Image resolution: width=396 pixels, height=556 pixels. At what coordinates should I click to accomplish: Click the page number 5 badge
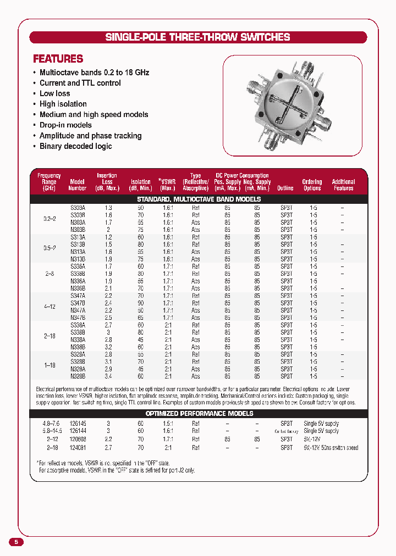coord(16,542)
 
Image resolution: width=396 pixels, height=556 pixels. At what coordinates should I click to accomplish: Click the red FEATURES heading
coord(58,59)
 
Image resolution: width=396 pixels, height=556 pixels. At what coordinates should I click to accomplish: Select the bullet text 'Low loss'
coord(54,93)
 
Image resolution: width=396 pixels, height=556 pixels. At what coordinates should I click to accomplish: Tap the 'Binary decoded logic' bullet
coord(75,146)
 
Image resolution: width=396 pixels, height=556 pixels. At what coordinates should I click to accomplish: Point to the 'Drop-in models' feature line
coord(65,125)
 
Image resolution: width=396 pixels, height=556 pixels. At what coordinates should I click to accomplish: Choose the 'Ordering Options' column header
coord(312,185)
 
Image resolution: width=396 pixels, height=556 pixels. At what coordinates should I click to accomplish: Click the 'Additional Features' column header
coord(343,185)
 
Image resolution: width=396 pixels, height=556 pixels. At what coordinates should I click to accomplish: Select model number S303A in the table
coord(78,208)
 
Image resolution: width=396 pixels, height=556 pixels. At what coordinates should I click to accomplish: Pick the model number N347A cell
coord(78,310)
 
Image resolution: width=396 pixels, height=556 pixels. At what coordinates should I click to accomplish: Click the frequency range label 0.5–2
coord(49,248)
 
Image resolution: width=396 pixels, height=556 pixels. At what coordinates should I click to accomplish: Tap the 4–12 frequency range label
coord(49,307)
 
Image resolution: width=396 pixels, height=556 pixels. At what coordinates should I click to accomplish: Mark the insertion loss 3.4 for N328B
coord(108,376)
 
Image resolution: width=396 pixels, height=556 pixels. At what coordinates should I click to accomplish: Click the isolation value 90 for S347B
coord(141,303)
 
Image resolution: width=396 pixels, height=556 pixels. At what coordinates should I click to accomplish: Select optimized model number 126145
coord(78,424)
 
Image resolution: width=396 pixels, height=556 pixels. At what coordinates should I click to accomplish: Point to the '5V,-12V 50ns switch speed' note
coord(331,448)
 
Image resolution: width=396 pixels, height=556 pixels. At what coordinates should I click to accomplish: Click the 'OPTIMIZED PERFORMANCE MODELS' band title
coord(199,414)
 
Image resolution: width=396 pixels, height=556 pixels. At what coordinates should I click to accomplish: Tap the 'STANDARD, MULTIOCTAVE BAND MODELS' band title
coord(199,199)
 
